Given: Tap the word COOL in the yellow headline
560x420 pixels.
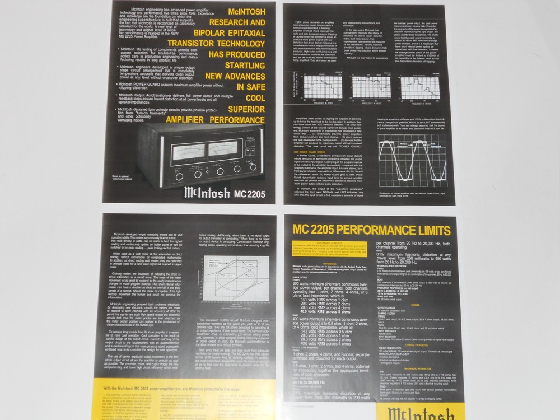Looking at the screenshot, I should pyautogui.click(x=252, y=98).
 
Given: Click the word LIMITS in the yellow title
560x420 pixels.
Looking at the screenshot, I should pyautogui.click(x=426, y=230).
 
